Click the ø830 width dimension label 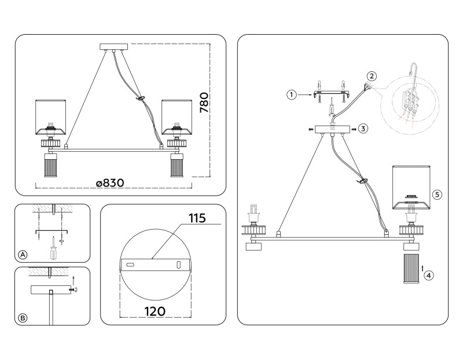110,182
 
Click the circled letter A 23,255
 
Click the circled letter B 23,317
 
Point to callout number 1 292,93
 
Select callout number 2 372,76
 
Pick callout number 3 363,128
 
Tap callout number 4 428,275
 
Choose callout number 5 437,194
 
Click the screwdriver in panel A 53,248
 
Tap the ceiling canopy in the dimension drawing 115,46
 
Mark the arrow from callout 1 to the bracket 306,93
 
